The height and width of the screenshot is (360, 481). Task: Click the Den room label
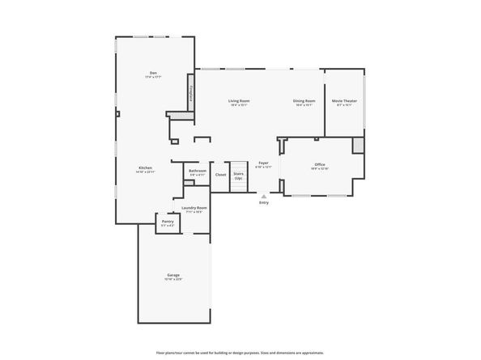(153, 72)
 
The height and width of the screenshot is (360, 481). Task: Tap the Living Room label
(238, 101)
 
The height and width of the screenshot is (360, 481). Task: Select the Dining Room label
(304, 101)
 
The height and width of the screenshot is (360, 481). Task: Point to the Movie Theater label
(344, 101)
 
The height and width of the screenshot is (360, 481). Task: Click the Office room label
(320, 164)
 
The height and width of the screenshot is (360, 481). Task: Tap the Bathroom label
(198, 171)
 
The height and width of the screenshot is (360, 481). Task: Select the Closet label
(220, 174)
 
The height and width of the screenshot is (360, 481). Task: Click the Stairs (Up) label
(238, 175)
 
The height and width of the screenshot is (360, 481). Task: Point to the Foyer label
(263, 163)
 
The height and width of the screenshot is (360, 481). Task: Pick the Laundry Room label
(194, 208)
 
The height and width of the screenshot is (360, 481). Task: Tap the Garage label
(174, 275)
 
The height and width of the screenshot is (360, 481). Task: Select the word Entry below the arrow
(264, 202)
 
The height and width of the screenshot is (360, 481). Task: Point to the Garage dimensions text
(174, 280)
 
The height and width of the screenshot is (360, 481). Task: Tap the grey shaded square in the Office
(358, 145)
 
